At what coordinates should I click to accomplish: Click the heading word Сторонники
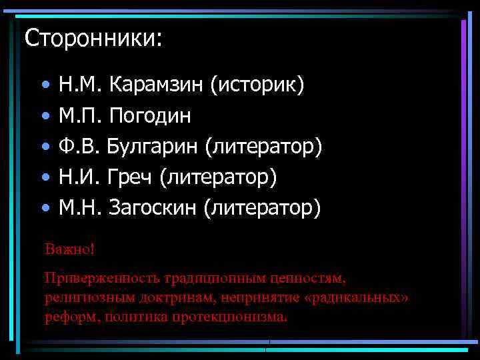click(93, 37)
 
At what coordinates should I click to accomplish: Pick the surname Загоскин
click(153, 208)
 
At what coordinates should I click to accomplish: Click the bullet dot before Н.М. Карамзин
click(44, 86)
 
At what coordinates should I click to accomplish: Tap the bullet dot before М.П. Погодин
click(44, 117)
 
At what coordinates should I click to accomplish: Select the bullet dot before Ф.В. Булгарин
click(44, 147)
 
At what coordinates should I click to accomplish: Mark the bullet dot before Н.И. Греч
click(44, 178)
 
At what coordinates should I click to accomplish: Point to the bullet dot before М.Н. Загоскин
click(44, 209)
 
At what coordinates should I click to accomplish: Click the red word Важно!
click(70, 249)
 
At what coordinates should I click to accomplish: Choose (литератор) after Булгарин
click(266, 147)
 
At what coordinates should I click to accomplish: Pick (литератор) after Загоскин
click(265, 208)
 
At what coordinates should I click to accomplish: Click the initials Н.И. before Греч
click(79, 177)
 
